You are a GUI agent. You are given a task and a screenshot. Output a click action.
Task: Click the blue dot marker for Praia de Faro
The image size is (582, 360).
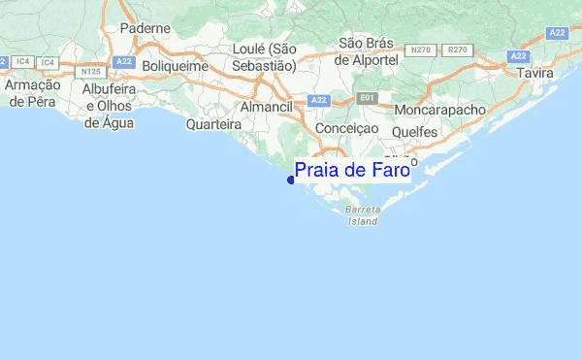click(291, 179)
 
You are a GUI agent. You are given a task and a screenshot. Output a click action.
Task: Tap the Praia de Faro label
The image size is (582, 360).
click(352, 172)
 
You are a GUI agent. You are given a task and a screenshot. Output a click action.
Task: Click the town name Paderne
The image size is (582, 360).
click(145, 29)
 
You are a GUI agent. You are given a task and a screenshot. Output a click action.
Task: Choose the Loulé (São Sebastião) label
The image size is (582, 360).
click(264, 57)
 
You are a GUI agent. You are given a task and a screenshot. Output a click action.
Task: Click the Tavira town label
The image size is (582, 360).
click(535, 74)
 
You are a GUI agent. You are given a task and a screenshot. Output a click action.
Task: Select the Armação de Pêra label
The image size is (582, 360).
click(33, 93)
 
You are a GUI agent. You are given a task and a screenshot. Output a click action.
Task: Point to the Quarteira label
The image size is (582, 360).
click(213, 124)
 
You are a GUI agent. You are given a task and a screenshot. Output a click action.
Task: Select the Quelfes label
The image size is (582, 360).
click(416, 132)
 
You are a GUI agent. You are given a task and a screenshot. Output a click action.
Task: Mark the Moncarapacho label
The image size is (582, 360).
click(439, 110)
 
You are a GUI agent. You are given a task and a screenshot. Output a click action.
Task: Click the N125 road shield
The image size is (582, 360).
click(92, 71)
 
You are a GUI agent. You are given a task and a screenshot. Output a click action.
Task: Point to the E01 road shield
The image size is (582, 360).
click(366, 98)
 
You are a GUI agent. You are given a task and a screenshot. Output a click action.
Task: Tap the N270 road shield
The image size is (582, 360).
click(421, 49)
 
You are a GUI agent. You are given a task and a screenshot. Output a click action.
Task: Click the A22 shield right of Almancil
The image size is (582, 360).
click(318, 101)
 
